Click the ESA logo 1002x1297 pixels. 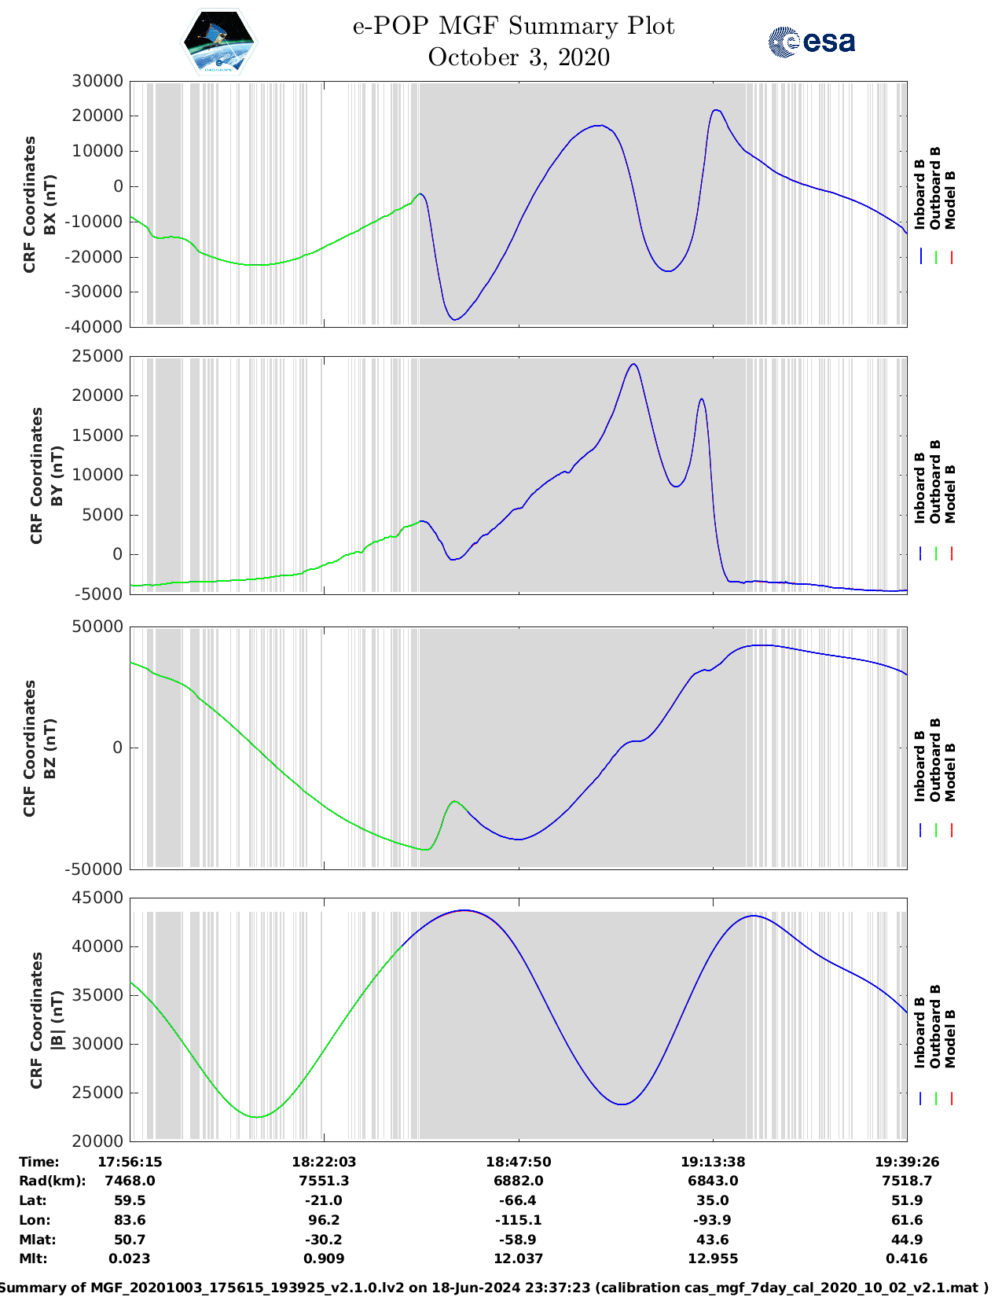click(811, 42)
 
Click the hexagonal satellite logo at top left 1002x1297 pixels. click(218, 42)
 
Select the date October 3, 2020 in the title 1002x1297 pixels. click(519, 57)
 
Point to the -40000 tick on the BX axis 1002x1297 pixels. click(97, 326)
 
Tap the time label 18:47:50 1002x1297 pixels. click(518, 1161)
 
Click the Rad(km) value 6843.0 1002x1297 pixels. click(712, 1181)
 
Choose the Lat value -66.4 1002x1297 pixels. click(518, 1200)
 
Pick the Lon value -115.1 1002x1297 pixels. click(518, 1220)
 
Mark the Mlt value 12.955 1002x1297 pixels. click(712, 1258)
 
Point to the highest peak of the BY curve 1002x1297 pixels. click(633, 364)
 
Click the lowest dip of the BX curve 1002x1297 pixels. click(454, 319)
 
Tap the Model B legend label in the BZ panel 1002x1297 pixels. click(950, 772)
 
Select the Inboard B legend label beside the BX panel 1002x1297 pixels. click(920, 194)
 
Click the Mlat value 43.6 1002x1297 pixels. click(712, 1240)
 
